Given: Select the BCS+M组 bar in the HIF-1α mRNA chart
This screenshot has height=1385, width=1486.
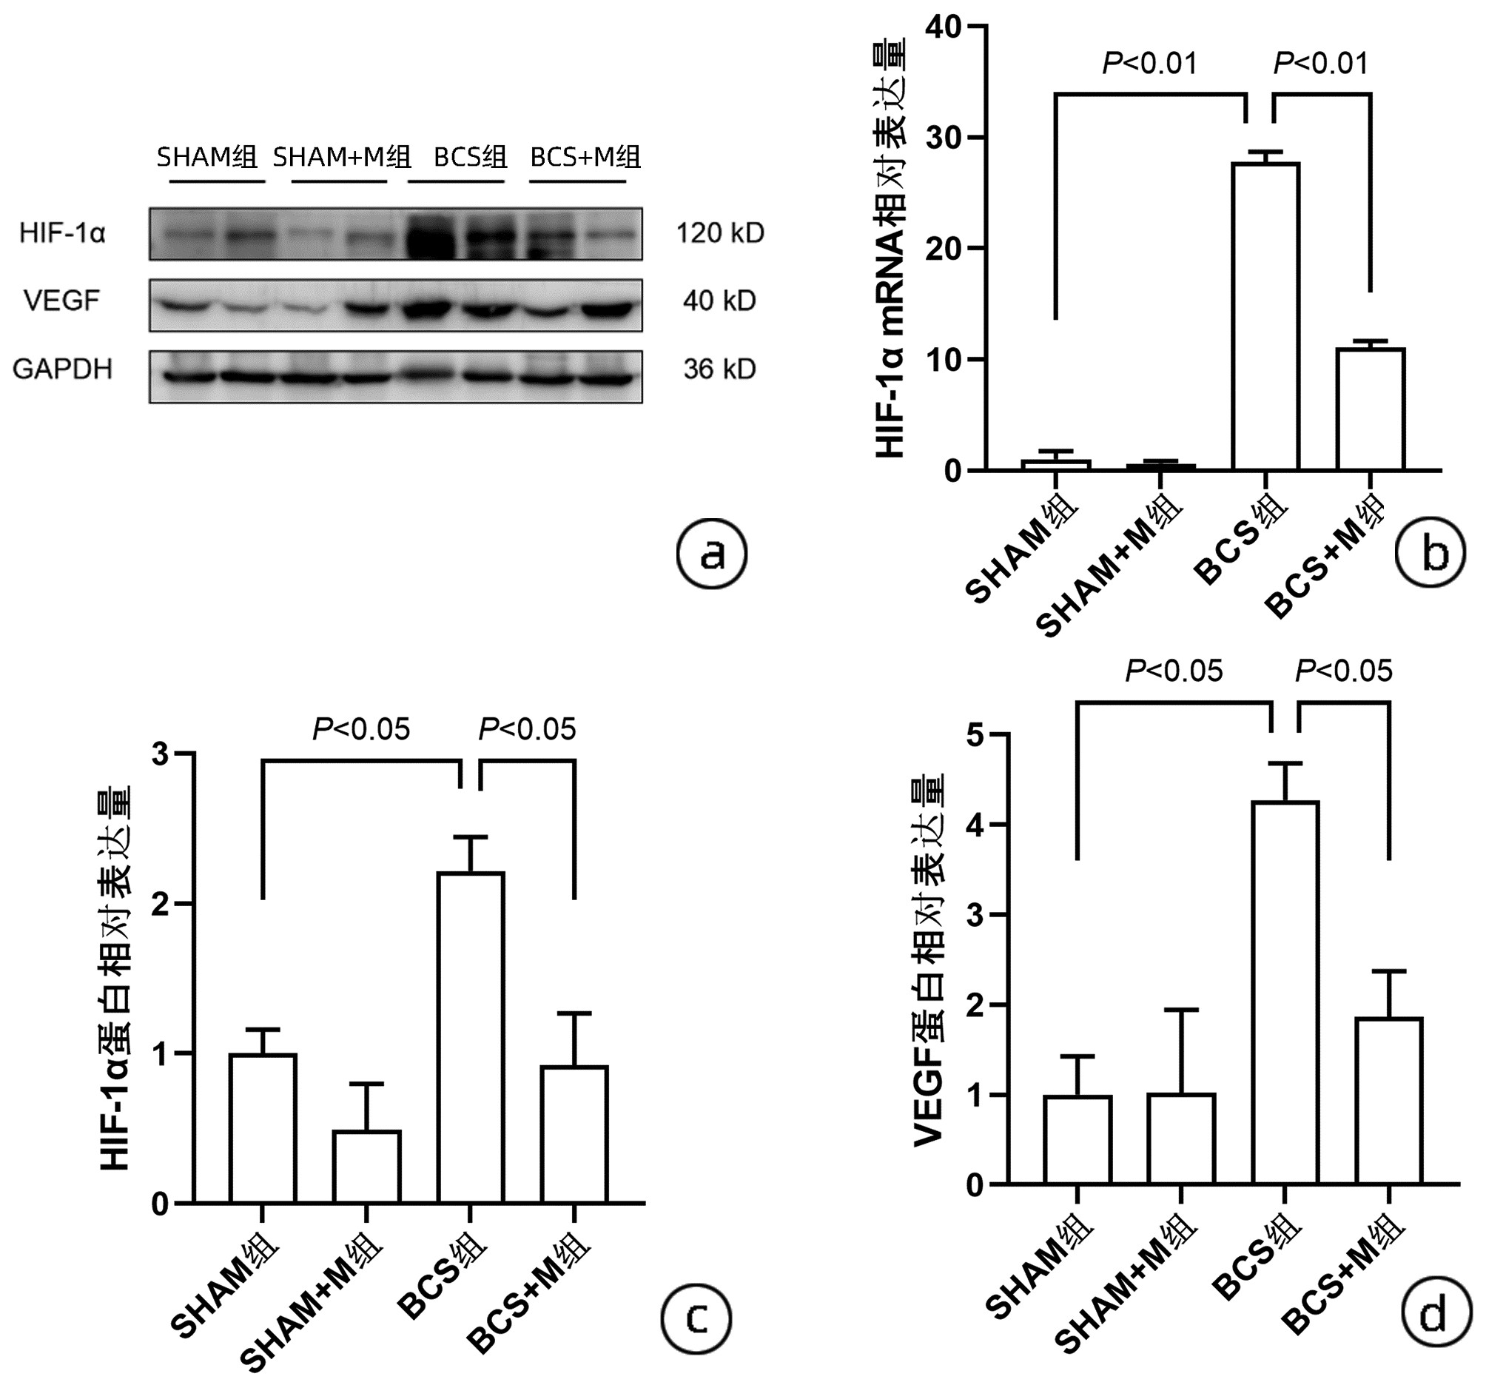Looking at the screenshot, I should tap(1371, 409).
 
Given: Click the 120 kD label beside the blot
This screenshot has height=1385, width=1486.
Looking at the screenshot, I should tap(720, 233).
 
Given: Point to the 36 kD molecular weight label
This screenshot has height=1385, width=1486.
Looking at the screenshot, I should tap(719, 369).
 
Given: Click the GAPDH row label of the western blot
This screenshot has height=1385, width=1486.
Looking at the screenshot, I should tap(63, 369).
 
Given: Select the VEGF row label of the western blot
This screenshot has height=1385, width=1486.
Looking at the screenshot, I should tap(61, 301).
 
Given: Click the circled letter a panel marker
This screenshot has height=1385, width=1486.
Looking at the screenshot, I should tap(712, 555).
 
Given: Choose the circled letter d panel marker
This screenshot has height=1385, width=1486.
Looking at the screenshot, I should tap(1433, 1314).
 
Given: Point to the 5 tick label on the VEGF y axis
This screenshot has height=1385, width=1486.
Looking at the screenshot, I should tap(975, 735).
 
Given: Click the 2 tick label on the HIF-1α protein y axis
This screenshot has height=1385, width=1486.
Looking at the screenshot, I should tap(161, 903).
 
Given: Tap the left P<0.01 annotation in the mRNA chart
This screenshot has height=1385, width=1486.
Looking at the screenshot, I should tap(1149, 64).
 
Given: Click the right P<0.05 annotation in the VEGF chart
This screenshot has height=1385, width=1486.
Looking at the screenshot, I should tap(1343, 671).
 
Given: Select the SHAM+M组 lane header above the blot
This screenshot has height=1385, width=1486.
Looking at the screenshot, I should tap(342, 157).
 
